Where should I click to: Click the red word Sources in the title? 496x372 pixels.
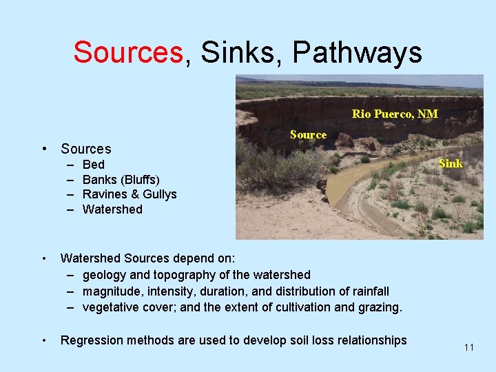tap(130, 52)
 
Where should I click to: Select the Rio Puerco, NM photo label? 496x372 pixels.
tap(395, 114)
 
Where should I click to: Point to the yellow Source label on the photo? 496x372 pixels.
tap(308, 135)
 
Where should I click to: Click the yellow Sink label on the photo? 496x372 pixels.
tap(451, 164)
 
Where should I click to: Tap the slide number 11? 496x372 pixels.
tap(468, 347)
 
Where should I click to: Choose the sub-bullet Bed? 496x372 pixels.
tap(93, 164)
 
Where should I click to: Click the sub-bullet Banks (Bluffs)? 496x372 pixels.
tap(121, 179)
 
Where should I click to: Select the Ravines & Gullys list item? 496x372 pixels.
tap(130, 194)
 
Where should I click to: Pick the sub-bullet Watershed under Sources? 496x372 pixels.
tap(112, 209)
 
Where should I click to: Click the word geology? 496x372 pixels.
tap(104, 275)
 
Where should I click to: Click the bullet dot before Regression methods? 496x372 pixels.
tap(43, 340)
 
